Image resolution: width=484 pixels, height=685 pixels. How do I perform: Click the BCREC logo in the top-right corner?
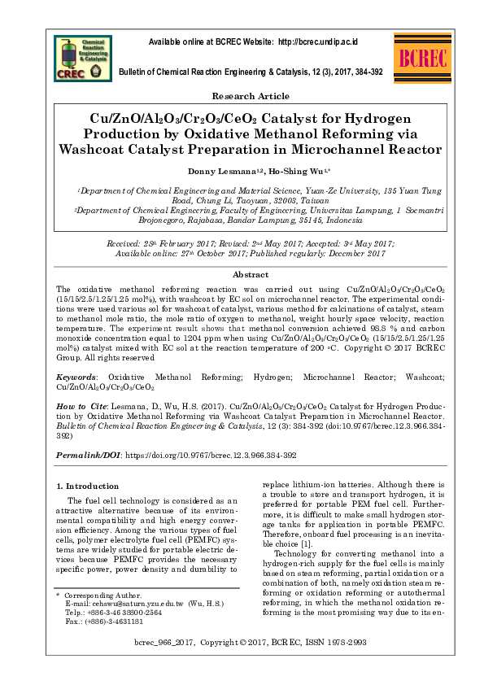tap(421, 59)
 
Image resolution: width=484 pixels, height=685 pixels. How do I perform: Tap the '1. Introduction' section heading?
tap(91, 486)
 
